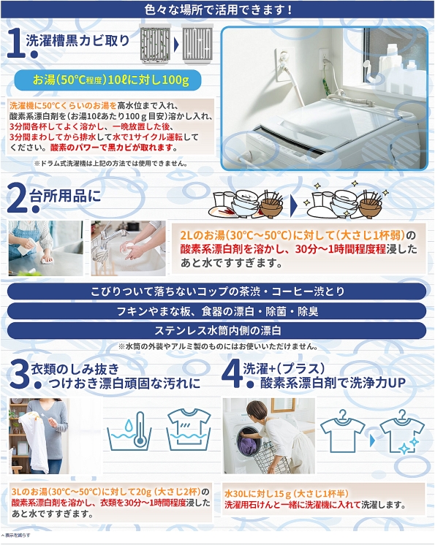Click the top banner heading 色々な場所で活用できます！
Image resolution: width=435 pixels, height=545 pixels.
218,9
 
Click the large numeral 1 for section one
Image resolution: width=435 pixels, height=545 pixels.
15,42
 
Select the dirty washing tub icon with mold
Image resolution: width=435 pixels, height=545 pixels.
155,44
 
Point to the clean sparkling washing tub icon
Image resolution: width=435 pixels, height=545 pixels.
197,44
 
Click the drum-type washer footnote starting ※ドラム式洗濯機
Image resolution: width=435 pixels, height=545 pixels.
111,163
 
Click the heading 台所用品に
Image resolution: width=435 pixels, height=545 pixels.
65,196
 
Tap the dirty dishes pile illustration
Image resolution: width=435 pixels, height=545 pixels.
246,204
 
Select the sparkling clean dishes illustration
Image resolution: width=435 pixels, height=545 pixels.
345,200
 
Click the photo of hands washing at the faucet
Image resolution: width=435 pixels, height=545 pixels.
129,248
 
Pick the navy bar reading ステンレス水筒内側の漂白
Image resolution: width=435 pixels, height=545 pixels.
216,330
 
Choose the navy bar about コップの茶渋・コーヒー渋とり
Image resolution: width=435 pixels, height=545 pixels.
216,291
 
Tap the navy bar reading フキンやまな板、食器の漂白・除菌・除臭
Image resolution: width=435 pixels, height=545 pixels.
216,311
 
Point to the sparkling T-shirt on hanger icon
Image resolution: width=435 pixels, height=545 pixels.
402,432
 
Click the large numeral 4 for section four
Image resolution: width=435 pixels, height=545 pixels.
231,373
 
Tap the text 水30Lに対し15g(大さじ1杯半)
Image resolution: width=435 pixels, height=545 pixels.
286,493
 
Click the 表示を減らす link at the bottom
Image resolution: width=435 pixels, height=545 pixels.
16,536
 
